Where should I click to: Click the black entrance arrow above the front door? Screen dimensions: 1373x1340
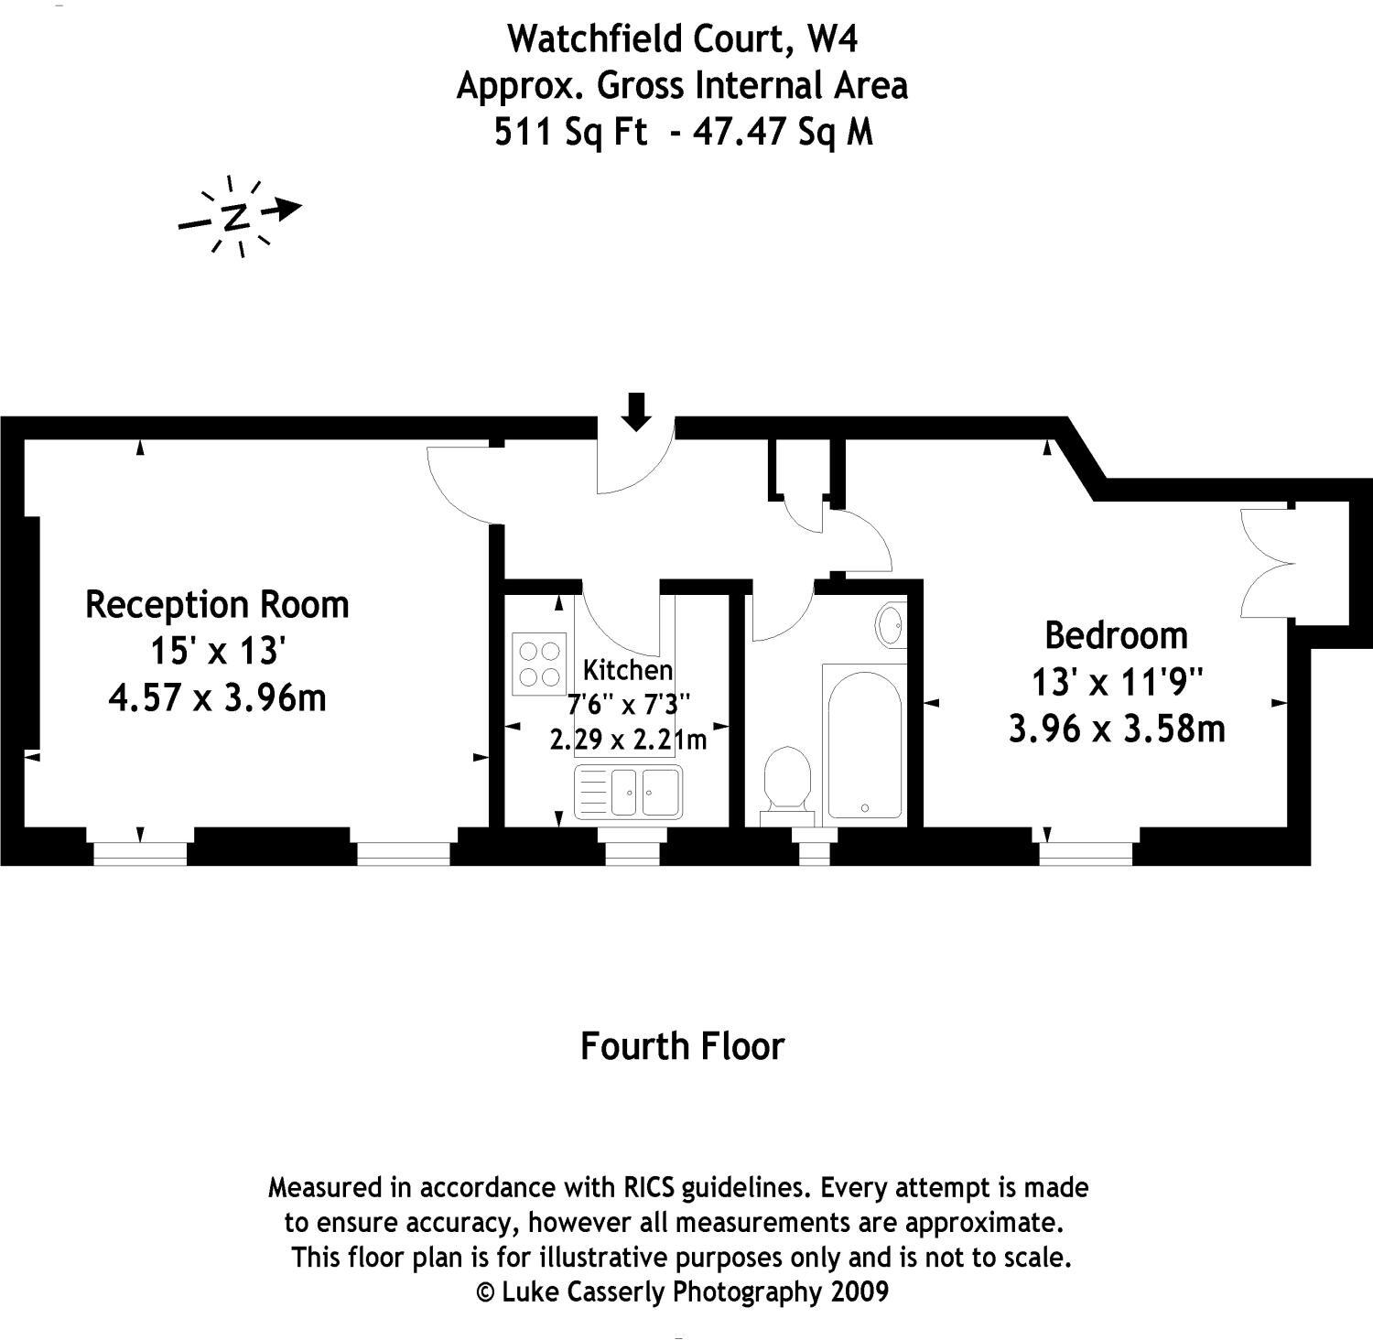(x=636, y=411)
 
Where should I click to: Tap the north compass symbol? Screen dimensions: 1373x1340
(x=237, y=216)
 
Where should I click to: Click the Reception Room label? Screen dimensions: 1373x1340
(x=217, y=605)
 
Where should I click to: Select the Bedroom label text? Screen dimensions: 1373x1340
(x=1116, y=635)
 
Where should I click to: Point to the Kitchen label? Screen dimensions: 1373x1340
(x=628, y=670)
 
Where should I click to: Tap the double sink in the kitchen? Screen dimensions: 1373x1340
(x=628, y=791)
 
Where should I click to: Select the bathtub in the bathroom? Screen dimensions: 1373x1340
(x=864, y=741)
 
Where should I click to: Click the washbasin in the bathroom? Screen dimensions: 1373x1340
(x=890, y=626)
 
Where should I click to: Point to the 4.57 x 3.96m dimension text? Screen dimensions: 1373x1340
(x=217, y=698)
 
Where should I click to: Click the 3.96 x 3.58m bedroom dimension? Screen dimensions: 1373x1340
(x=1116, y=729)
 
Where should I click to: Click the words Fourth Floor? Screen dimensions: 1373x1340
(x=683, y=1046)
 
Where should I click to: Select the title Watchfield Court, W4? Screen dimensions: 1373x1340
(x=683, y=38)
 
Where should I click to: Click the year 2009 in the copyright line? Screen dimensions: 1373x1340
(x=859, y=1291)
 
